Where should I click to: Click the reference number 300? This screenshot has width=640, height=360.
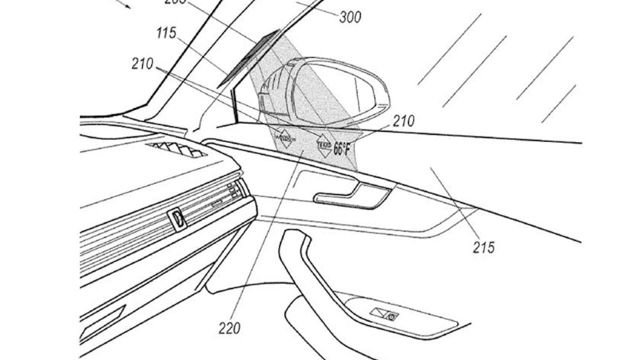pos(350,17)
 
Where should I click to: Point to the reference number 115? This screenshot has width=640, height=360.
pos(166,33)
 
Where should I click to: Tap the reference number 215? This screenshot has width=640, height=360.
pos(484,247)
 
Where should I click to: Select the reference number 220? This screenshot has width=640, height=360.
pos(229,328)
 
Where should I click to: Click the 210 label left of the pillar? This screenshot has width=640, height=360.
pos(142,63)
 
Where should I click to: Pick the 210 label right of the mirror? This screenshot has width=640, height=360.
pos(403,121)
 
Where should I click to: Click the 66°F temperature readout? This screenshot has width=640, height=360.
pos(342,148)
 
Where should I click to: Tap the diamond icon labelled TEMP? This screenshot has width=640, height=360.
pos(323,145)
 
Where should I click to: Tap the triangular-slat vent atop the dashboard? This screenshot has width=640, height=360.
pos(178,149)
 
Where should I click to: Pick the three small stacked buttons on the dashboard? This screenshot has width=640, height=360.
pos(233,190)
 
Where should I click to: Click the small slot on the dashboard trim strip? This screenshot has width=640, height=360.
pos(216,204)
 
